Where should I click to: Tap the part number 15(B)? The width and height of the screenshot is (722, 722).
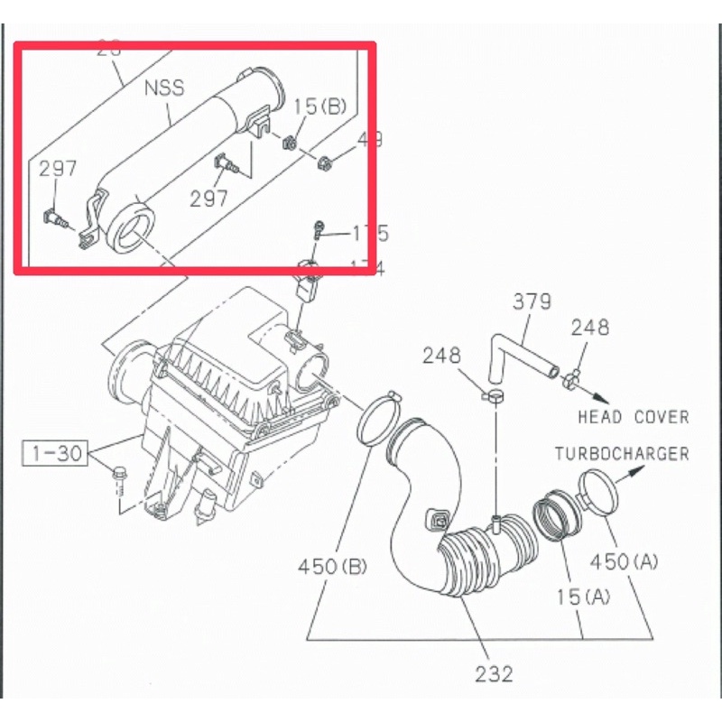[x=319, y=106]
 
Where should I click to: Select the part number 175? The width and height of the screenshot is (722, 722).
[x=369, y=234]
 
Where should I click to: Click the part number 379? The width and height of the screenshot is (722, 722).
[x=532, y=301]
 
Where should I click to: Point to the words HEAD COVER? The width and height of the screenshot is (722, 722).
[x=633, y=417]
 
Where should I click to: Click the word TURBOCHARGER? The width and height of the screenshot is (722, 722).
[x=621, y=454]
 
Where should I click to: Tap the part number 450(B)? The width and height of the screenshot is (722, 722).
[x=333, y=567]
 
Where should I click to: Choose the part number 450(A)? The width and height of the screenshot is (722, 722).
[x=624, y=560]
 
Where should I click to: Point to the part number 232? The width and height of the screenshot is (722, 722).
[x=494, y=673]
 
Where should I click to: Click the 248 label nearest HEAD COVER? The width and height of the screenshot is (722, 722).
[x=589, y=328]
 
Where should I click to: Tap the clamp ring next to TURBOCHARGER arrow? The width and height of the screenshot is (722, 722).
[x=595, y=495]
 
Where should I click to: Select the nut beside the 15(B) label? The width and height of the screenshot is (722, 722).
[x=292, y=143]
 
